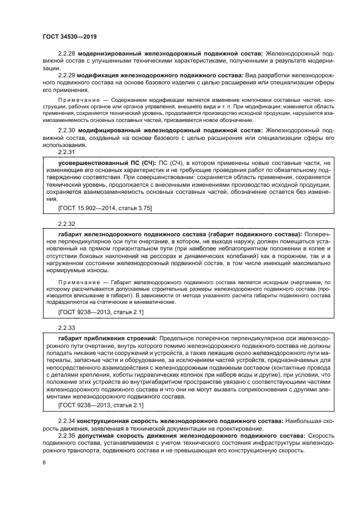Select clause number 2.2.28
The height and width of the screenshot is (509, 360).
66,54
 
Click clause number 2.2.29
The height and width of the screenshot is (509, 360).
66,75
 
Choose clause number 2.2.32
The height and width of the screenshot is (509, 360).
66,223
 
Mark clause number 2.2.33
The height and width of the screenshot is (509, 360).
66,327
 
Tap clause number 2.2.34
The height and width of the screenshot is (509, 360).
66,422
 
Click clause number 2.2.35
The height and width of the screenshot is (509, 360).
66,436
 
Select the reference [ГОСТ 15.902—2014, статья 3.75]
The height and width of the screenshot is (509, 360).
105,207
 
